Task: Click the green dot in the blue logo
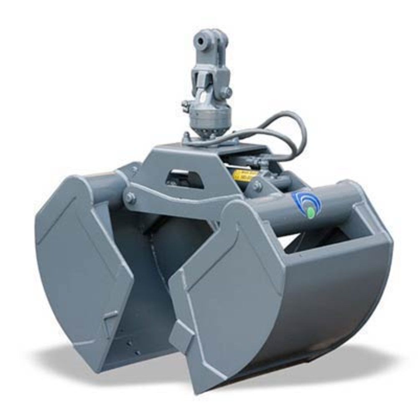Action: (x=311, y=213)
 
